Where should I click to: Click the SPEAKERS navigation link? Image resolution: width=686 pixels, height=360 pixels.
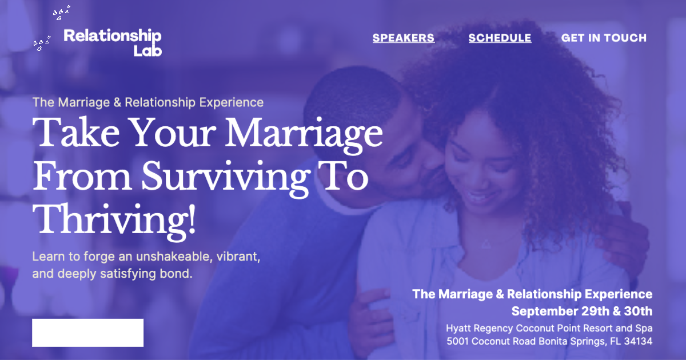[x=404, y=38]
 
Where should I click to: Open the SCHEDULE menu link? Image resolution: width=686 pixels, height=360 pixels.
[x=500, y=38]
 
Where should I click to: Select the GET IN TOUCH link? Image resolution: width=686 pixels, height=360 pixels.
[x=604, y=38]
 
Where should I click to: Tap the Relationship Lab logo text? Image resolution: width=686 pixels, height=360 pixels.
[x=113, y=43]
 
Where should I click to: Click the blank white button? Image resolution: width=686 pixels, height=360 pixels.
[x=87, y=333]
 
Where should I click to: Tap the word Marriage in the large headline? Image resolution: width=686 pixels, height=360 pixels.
[x=304, y=134]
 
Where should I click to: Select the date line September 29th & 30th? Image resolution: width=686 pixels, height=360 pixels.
[x=581, y=311]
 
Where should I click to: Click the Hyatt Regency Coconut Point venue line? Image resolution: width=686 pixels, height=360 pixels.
[x=549, y=329]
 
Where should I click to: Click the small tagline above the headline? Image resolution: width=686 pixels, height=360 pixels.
[x=148, y=102]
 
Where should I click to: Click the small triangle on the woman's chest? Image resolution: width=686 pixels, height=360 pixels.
[x=485, y=244]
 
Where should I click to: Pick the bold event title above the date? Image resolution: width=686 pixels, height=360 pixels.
[x=532, y=294]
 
